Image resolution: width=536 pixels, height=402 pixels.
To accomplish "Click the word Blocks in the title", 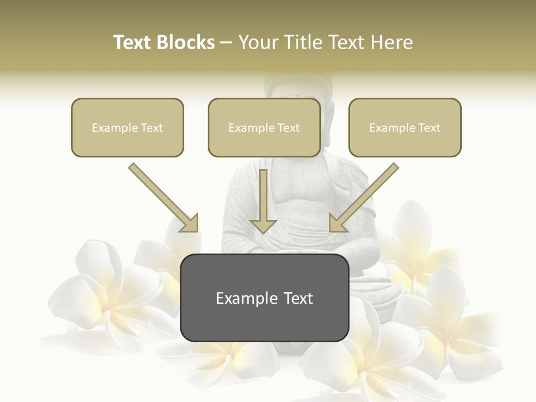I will pos(185,42).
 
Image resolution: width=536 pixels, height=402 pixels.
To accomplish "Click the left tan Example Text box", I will pos(127,128).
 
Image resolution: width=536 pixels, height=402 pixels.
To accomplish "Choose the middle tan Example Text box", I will pos(264,128).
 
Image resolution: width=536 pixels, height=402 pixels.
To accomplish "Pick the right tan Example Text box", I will pos(405,128).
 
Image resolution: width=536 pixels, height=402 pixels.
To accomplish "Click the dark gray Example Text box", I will pos(264,298).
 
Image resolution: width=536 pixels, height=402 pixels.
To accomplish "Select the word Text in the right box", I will pos(429,128).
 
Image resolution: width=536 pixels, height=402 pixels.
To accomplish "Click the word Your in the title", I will pos(258,42).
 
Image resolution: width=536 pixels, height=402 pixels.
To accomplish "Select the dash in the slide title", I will pos(226,42).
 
